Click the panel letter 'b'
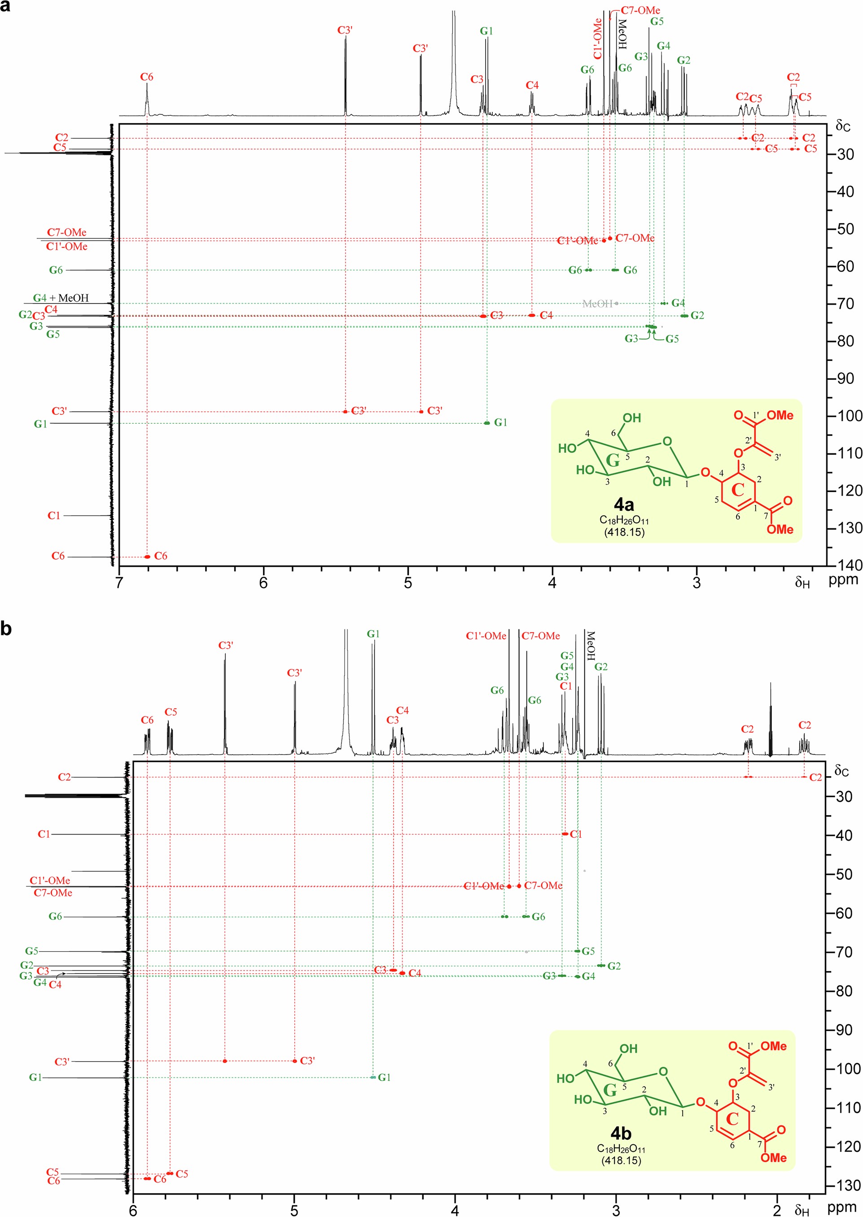pos(6,628)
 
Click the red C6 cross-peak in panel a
pos(148,556)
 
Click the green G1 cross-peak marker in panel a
pos(487,423)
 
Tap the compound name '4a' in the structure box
pos(624,504)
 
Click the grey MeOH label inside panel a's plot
pos(597,304)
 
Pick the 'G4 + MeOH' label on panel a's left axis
pos(61,298)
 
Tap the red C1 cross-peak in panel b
pos(565,834)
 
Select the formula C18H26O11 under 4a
pos(624,521)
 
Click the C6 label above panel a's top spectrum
pos(147,77)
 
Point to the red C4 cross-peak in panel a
pos(532,315)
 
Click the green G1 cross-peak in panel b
pos(373,1077)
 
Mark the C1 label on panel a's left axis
pos(54,515)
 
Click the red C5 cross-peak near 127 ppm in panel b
pos(170,1173)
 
